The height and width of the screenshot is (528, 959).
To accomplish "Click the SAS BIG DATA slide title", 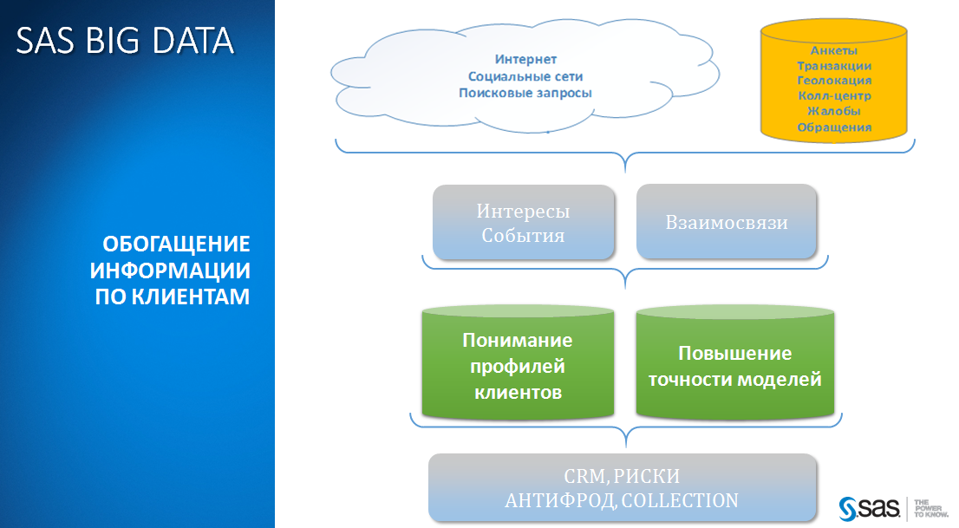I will [125, 41].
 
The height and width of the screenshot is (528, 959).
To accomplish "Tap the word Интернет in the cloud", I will [526, 60].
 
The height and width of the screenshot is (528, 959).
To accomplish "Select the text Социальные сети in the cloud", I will [526, 76].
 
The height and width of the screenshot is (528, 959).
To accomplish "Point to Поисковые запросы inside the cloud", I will [526, 93].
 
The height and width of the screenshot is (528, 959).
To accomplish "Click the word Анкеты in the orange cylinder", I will [834, 49].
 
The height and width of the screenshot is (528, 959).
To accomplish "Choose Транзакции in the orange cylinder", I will [834, 65].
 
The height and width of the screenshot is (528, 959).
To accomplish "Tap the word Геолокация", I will [834, 81].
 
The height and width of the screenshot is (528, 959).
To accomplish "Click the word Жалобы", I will [834, 112].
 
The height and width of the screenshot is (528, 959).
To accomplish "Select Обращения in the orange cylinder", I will [834, 127].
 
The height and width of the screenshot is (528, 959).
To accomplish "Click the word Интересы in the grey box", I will [524, 212].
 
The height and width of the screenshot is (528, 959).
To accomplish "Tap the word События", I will [524, 235].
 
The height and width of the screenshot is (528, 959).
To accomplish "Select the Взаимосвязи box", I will [727, 222].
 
